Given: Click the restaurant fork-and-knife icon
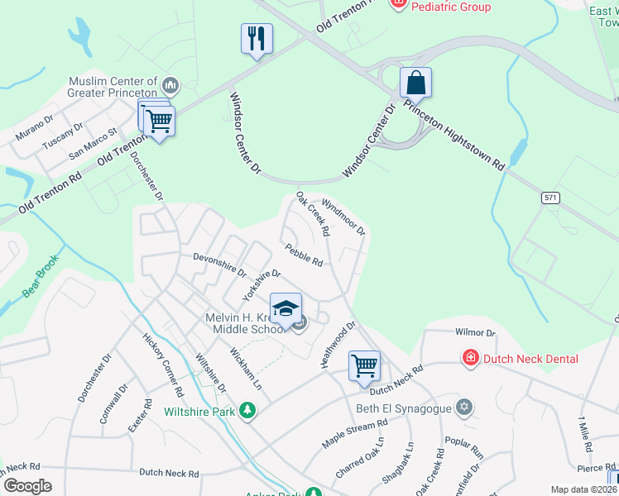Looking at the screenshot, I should tap(257, 38).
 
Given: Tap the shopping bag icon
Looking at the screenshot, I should tap(415, 83).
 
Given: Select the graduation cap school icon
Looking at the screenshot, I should tap(286, 308).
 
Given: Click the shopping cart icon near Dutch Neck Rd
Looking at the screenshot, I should tap(364, 365).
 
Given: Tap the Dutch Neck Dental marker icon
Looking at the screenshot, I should tap(470, 358).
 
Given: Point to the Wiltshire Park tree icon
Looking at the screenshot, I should tap(246, 410).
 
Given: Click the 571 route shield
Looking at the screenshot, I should tap(550, 198).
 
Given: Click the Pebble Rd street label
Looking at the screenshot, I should tap(303, 255).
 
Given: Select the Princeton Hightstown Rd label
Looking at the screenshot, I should tap(453, 134).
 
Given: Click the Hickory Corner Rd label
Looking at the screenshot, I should tap(162, 364).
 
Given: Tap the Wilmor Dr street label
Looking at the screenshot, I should tap(474, 332).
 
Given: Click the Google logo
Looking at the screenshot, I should tap(26, 486).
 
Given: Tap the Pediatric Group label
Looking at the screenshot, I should tap(451, 7).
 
